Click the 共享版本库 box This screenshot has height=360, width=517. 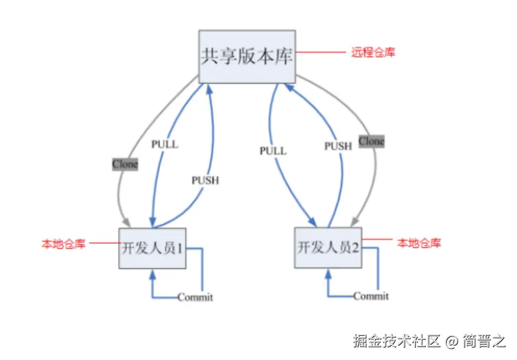tap(246, 56)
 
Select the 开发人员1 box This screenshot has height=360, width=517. tap(152, 248)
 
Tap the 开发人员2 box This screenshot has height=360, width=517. tap(328, 247)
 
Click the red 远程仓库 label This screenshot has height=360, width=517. tap(373, 52)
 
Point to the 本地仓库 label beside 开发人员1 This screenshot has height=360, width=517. tap(63, 243)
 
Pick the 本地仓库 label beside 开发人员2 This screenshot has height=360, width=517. tap(419, 242)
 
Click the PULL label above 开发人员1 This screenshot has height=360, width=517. tap(164, 144)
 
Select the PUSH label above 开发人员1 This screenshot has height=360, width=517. tap(205, 181)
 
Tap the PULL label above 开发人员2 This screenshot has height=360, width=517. tap(273, 151)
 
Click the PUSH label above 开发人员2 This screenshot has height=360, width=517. tap(338, 146)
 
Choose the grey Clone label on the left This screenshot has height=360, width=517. tap(125, 164)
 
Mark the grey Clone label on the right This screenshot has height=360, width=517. tap(371, 141)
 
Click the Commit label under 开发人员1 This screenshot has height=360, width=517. tap(195, 298)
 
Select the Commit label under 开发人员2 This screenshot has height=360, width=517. tap(371, 296)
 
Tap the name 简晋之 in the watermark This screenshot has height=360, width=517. tap(483, 341)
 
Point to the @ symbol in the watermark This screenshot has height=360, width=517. tap(451, 341)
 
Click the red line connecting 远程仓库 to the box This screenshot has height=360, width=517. tap(320, 52)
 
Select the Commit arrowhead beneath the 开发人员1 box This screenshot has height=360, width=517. tap(152, 274)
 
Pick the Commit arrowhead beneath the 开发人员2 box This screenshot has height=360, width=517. tap(328, 273)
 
